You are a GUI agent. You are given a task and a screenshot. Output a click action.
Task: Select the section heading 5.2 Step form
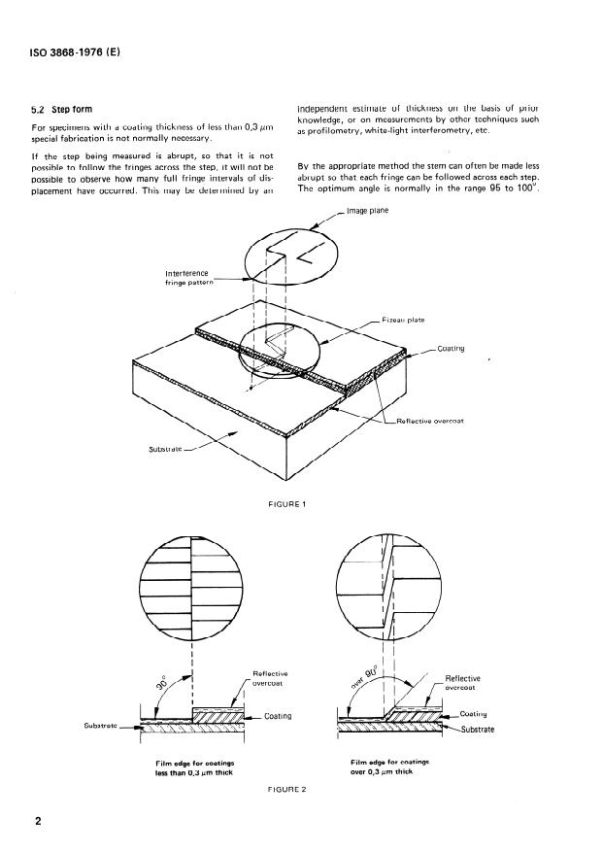click(x=61, y=109)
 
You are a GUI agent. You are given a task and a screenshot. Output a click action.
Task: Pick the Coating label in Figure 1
click(x=452, y=348)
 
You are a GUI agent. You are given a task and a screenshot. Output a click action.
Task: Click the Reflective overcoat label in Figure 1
click(x=433, y=421)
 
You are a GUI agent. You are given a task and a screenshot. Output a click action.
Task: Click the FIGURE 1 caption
click(x=286, y=505)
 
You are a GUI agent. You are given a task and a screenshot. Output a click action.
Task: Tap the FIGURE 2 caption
click(x=287, y=788)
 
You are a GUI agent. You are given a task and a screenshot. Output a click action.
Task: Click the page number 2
click(x=39, y=823)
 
